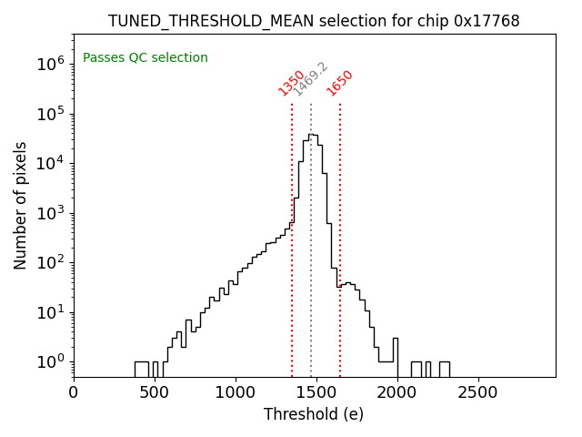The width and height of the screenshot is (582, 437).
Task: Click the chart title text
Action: [x=314, y=21]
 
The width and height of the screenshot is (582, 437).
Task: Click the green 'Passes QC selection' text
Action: [x=145, y=58]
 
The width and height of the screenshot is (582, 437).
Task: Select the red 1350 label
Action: [x=292, y=82]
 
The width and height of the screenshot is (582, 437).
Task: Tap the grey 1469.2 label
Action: [x=310, y=79]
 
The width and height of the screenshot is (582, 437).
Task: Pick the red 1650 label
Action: [x=340, y=82]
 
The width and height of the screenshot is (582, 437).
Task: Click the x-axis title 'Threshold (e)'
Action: [x=314, y=414]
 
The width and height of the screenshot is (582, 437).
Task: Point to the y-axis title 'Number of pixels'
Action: [x=21, y=205]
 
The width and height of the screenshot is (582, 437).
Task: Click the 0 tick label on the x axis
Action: [x=74, y=392]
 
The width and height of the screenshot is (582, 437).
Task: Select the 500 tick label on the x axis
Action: [x=155, y=392]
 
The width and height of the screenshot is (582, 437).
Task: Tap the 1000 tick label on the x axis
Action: [x=236, y=392]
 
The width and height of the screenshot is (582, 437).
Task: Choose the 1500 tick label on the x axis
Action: [x=316, y=392]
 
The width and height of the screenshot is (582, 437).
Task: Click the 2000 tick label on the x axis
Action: [x=397, y=392]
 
